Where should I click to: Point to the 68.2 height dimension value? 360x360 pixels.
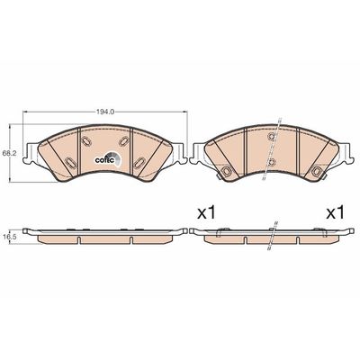point(6,153)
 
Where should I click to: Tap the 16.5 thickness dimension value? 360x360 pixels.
point(5,236)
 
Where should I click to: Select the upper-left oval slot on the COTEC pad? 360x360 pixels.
point(86,140)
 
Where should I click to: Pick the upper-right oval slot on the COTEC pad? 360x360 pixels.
point(123,140)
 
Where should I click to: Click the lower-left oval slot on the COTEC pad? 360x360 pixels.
point(71,162)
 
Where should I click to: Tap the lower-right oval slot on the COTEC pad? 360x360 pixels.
point(139,162)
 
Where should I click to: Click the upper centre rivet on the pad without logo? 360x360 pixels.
point(272,136)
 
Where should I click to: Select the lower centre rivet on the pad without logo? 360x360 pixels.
point(272,162)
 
